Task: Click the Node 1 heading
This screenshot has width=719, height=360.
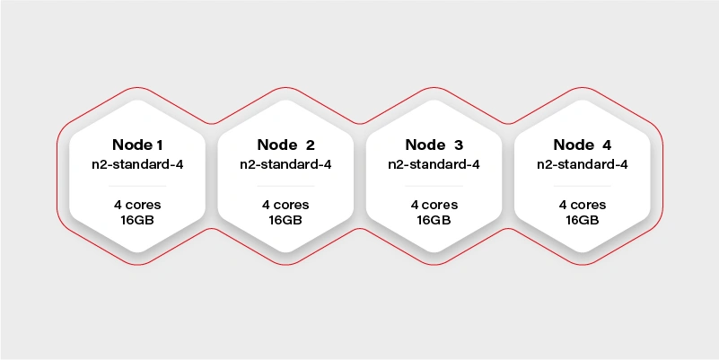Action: pos(137,145)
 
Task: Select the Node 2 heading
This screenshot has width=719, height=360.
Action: pos(286,145)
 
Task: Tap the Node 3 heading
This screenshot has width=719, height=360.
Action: pos(434,145)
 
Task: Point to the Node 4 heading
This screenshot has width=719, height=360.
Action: pos(583,145)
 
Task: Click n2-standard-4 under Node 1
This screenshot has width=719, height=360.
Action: pos(137,164)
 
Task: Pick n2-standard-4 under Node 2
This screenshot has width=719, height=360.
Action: pos(285,164)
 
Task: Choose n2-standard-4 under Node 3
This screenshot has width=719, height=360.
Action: pos(434,164)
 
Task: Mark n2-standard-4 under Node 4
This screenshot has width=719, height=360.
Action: pos(583,164)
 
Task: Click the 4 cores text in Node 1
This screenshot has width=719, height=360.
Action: pos(137,205)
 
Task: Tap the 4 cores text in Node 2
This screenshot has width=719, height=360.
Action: pos(285,205)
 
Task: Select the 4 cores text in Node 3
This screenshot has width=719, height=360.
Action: pos(434,205)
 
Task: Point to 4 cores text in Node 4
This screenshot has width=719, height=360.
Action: pos(583,205)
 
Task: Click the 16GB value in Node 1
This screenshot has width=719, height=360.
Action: pos(137,220)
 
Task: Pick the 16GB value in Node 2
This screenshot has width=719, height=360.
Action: pos(285,220)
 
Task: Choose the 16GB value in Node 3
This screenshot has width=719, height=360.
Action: pos(434,220)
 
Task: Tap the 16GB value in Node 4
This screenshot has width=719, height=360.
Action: pos(583,220)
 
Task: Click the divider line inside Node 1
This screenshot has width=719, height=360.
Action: pos(137,186)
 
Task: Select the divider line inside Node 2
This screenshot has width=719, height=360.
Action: pos(285,186)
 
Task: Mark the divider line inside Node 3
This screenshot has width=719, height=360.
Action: pos(434,186)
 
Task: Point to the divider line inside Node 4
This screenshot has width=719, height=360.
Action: pos(583,186)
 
